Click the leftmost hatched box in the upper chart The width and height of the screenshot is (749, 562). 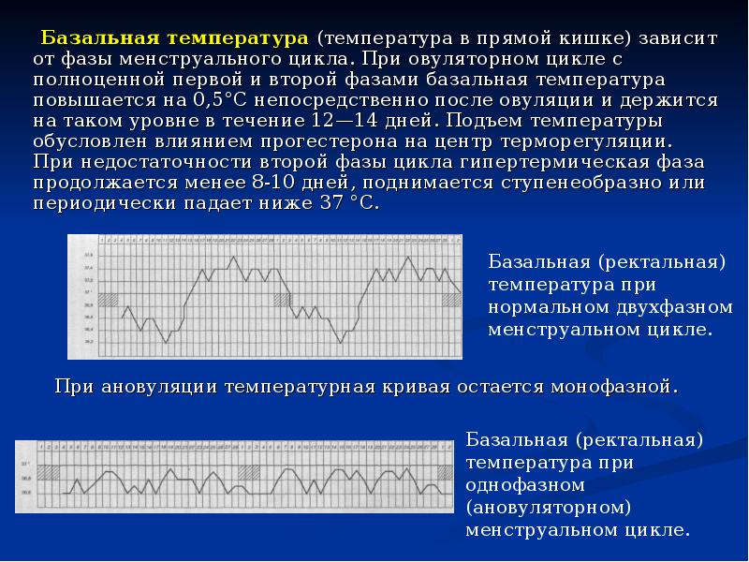pos(109,299)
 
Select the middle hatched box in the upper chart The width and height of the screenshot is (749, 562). pos(280,299)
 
